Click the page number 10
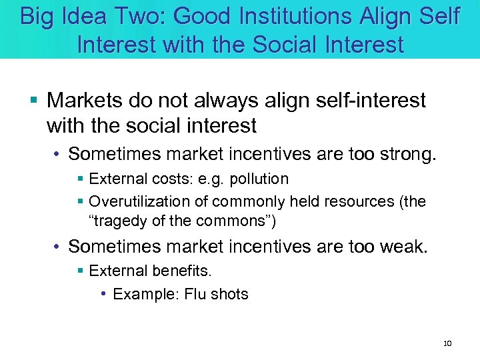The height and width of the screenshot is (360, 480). pos(447,343)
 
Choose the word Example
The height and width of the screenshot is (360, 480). pos(143,294)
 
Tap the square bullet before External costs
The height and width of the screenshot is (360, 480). pos(81,179)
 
